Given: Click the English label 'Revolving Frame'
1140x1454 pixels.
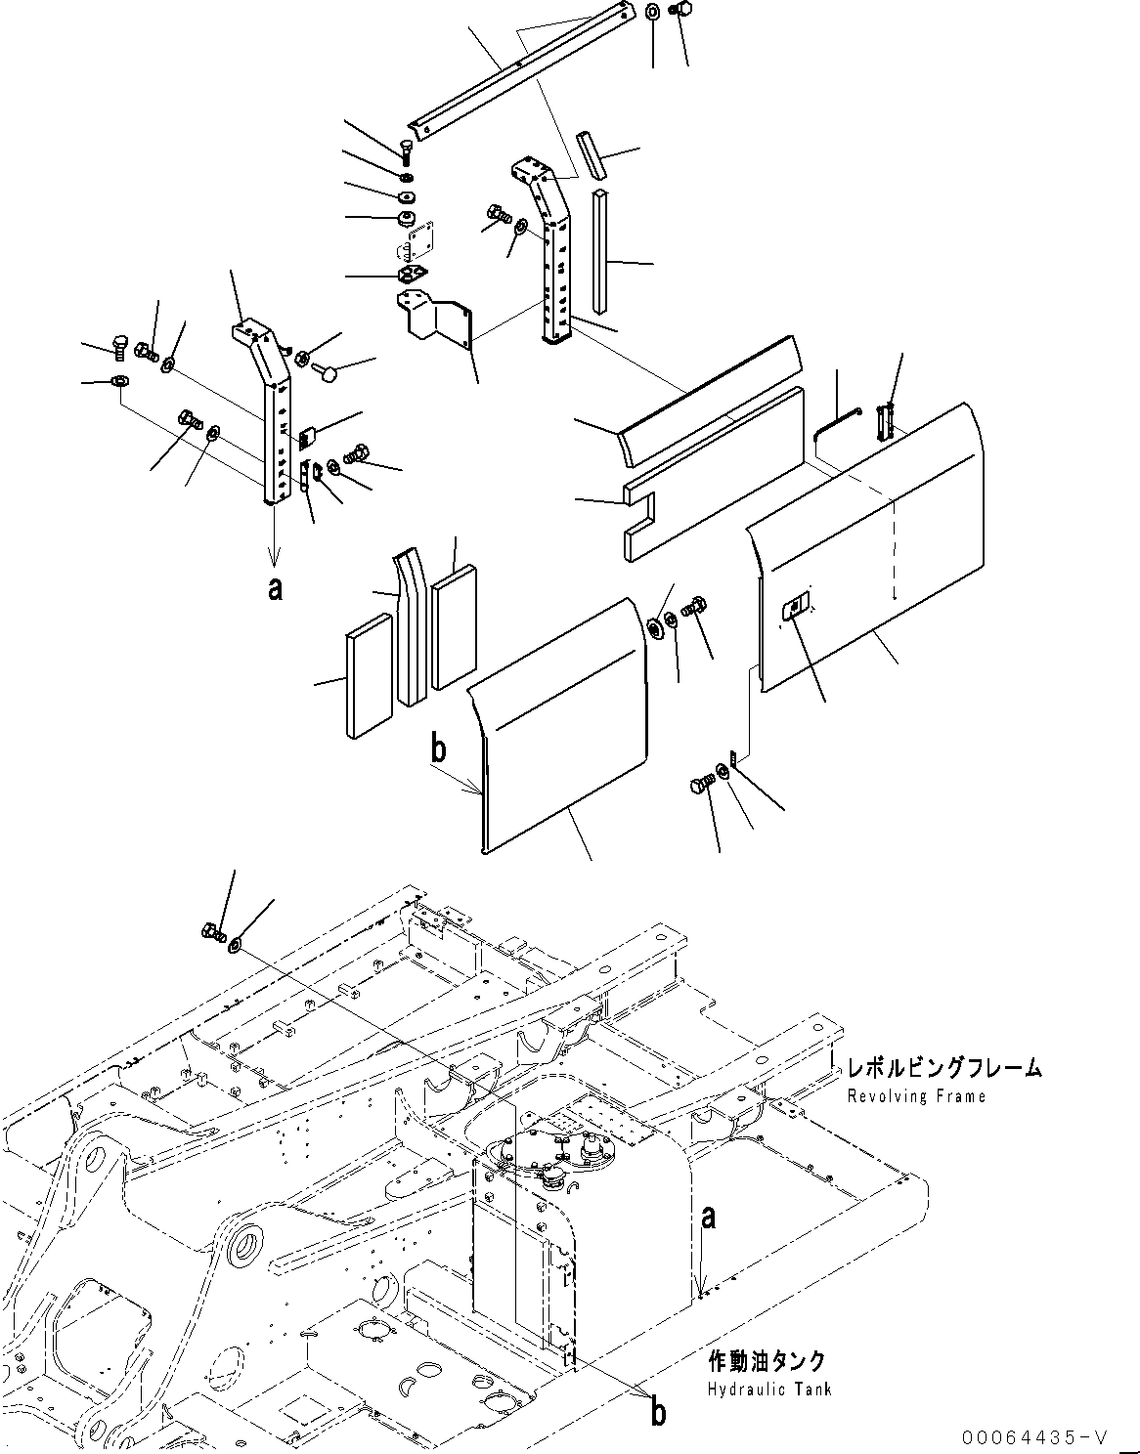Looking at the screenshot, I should pyautogui.click(x=916, y=1096).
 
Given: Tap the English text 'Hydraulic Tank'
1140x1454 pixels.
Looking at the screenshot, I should pyautogui.click(x=770, y=1390).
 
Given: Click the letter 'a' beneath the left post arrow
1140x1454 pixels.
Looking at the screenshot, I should pyautogui.click(x=276, y=589).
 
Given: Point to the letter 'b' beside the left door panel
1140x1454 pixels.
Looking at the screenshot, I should pyautogui.click(x=439, y=748).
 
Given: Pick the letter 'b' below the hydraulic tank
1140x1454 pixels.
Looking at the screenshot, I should pyautogui.click(x=659, y=1412).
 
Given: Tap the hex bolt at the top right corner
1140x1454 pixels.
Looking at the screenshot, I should pyautogui.click(x=681, y=11).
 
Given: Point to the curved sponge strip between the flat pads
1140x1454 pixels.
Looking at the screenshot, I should pyautogui.click(x=409, y=625).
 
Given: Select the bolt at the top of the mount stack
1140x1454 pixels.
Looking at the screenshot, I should pyautogui.click(x=406, y=150).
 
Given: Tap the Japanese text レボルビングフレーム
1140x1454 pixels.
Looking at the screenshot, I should pyautogui.click(x=943, y=1068).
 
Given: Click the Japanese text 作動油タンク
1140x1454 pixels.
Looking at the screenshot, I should pyautogui.click(x=767, y=1361).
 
